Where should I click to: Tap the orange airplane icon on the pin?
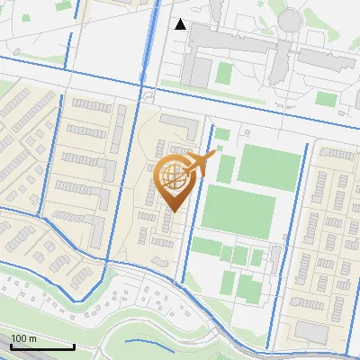(x=200, y=163)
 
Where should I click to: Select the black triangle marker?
(x=181, y=24)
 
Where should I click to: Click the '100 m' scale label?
(x=24, y=338)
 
